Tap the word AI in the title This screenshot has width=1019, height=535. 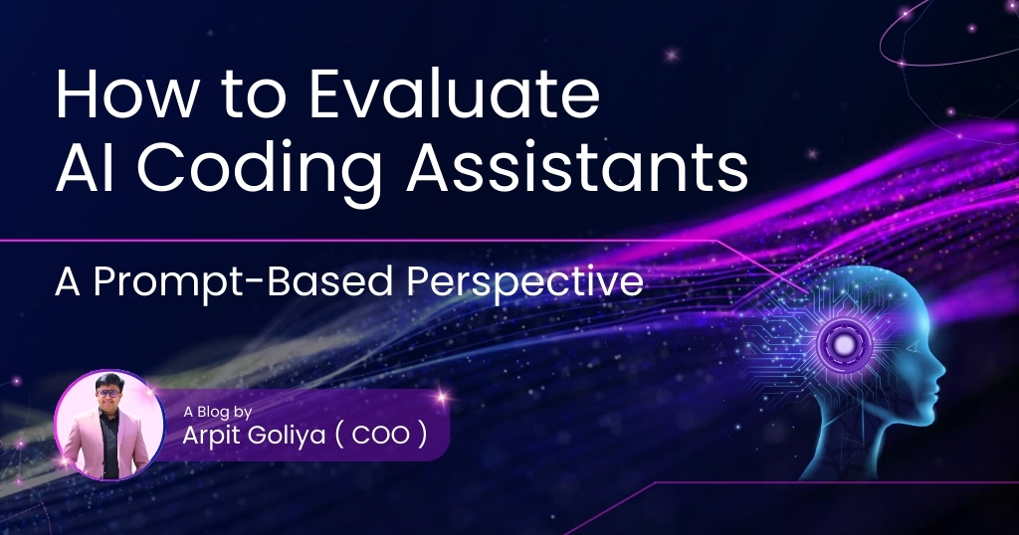coord(77,167)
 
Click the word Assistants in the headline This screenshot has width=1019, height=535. coord(577,167)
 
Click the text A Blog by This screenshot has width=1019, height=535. coord(217,413)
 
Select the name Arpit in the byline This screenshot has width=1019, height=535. coord(206,436)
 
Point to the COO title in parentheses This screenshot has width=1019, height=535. coord(381,436)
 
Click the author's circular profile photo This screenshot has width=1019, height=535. coord(109,426)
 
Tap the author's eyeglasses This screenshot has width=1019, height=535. coord(107,394)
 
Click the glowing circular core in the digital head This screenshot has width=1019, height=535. coord(844,343)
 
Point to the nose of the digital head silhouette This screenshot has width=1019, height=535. coord(940,372)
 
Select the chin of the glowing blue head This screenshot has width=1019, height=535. coord(922,416)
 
